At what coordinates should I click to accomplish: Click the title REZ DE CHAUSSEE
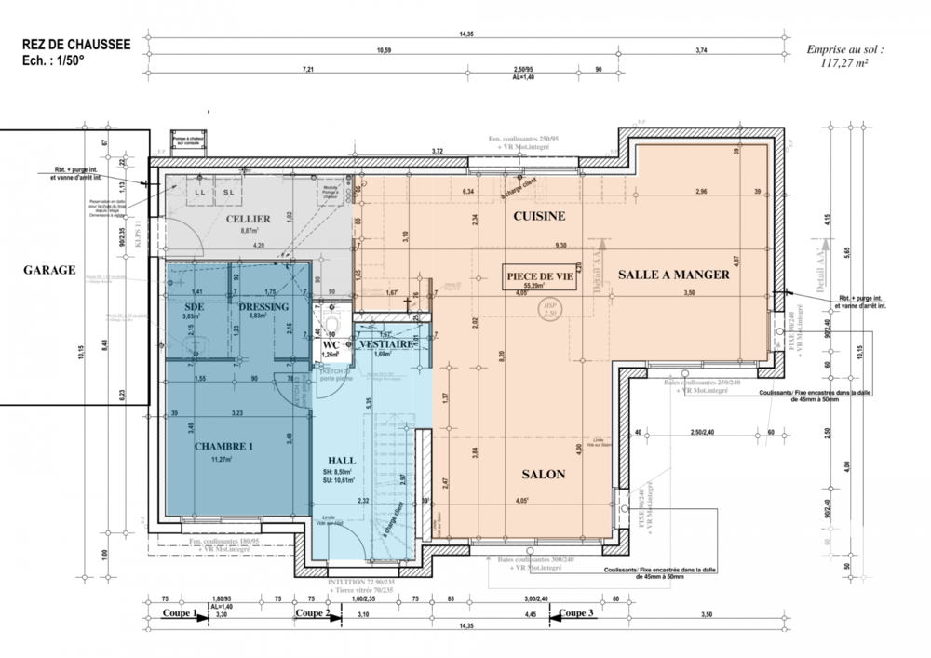tap(75, 43)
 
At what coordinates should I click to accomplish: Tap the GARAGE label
tap(49, 270)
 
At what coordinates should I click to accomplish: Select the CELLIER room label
tap(248, 219)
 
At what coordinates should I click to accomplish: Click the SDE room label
tap(195, 306)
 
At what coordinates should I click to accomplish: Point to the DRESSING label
tap(263, 306)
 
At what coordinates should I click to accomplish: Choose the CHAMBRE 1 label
tap(223, 446)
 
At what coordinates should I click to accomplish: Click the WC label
tap(331, 344)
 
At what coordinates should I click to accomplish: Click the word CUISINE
tap(539, 216)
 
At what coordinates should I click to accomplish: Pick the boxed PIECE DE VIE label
tap(539, 275)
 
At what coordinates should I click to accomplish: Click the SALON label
tap(543, 474)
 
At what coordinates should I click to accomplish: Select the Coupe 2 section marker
tap(310, 613)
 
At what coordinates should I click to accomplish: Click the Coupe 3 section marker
tap(574, 613)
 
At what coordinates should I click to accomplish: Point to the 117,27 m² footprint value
tap(844, 63)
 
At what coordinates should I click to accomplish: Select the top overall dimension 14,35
tap(465, 34)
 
